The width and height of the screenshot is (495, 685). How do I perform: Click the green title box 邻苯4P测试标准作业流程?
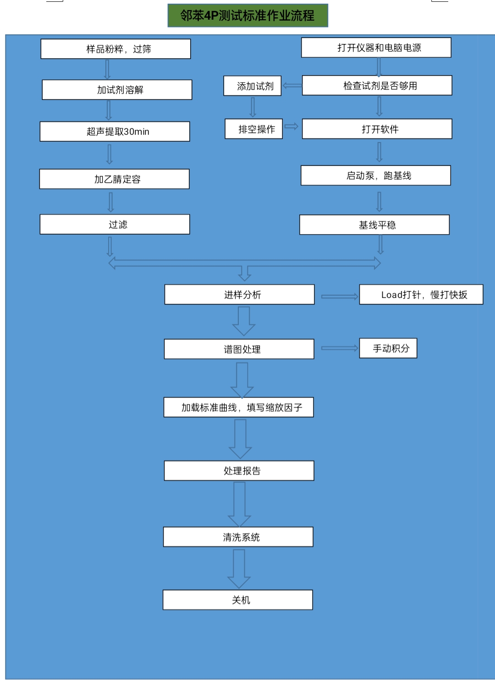247,15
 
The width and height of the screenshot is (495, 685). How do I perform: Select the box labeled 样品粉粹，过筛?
115,49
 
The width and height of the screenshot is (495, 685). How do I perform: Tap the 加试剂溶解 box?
117,89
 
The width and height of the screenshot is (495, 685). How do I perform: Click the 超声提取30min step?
115,132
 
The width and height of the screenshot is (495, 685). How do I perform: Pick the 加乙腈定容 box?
114,179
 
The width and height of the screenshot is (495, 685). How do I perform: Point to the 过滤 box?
115,224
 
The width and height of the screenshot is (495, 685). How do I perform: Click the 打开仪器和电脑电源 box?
376,47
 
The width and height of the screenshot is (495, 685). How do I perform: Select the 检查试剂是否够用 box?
377,85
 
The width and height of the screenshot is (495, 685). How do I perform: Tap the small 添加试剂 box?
252,86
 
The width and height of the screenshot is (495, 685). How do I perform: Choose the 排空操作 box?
254,129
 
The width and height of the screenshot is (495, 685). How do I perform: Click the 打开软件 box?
377,129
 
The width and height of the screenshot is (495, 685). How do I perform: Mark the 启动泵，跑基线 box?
376,175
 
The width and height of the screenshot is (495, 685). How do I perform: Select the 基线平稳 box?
374,225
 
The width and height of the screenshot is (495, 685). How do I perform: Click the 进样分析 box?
239,294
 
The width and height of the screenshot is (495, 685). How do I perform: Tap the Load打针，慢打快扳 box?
421,294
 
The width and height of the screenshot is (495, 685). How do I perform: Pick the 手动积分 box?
388,348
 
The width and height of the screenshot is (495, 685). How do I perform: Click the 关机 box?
238,600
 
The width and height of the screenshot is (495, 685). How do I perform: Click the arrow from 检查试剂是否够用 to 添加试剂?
292,86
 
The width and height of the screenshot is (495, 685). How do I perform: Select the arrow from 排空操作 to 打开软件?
291,126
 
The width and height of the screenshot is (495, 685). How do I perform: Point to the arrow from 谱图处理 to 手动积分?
340,348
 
